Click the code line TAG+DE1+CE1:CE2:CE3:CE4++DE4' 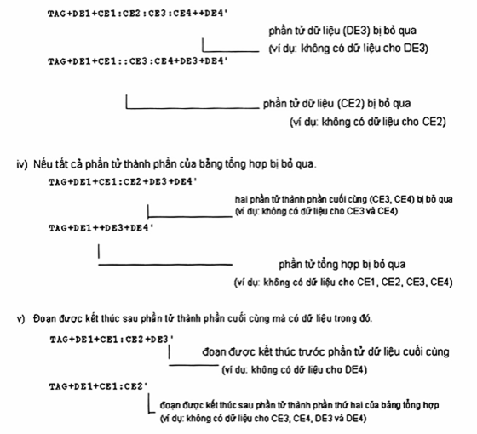point(138,14)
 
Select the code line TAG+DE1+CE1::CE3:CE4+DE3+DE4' point(138,61)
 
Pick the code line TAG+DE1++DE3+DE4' point(101,228)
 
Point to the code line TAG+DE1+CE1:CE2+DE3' point(112,340)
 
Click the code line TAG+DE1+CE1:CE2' point(98,386)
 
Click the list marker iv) point(22,164)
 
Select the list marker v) point(20,319)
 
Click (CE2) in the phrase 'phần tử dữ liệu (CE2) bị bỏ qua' point(351,104)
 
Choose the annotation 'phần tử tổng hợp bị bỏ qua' point(342,265)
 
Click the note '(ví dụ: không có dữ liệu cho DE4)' point(295,370)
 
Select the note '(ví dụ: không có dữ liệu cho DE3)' point(348,49)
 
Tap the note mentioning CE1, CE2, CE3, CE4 point(343,283)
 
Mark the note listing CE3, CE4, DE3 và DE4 point(263,419)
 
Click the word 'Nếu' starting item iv point(41,164)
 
